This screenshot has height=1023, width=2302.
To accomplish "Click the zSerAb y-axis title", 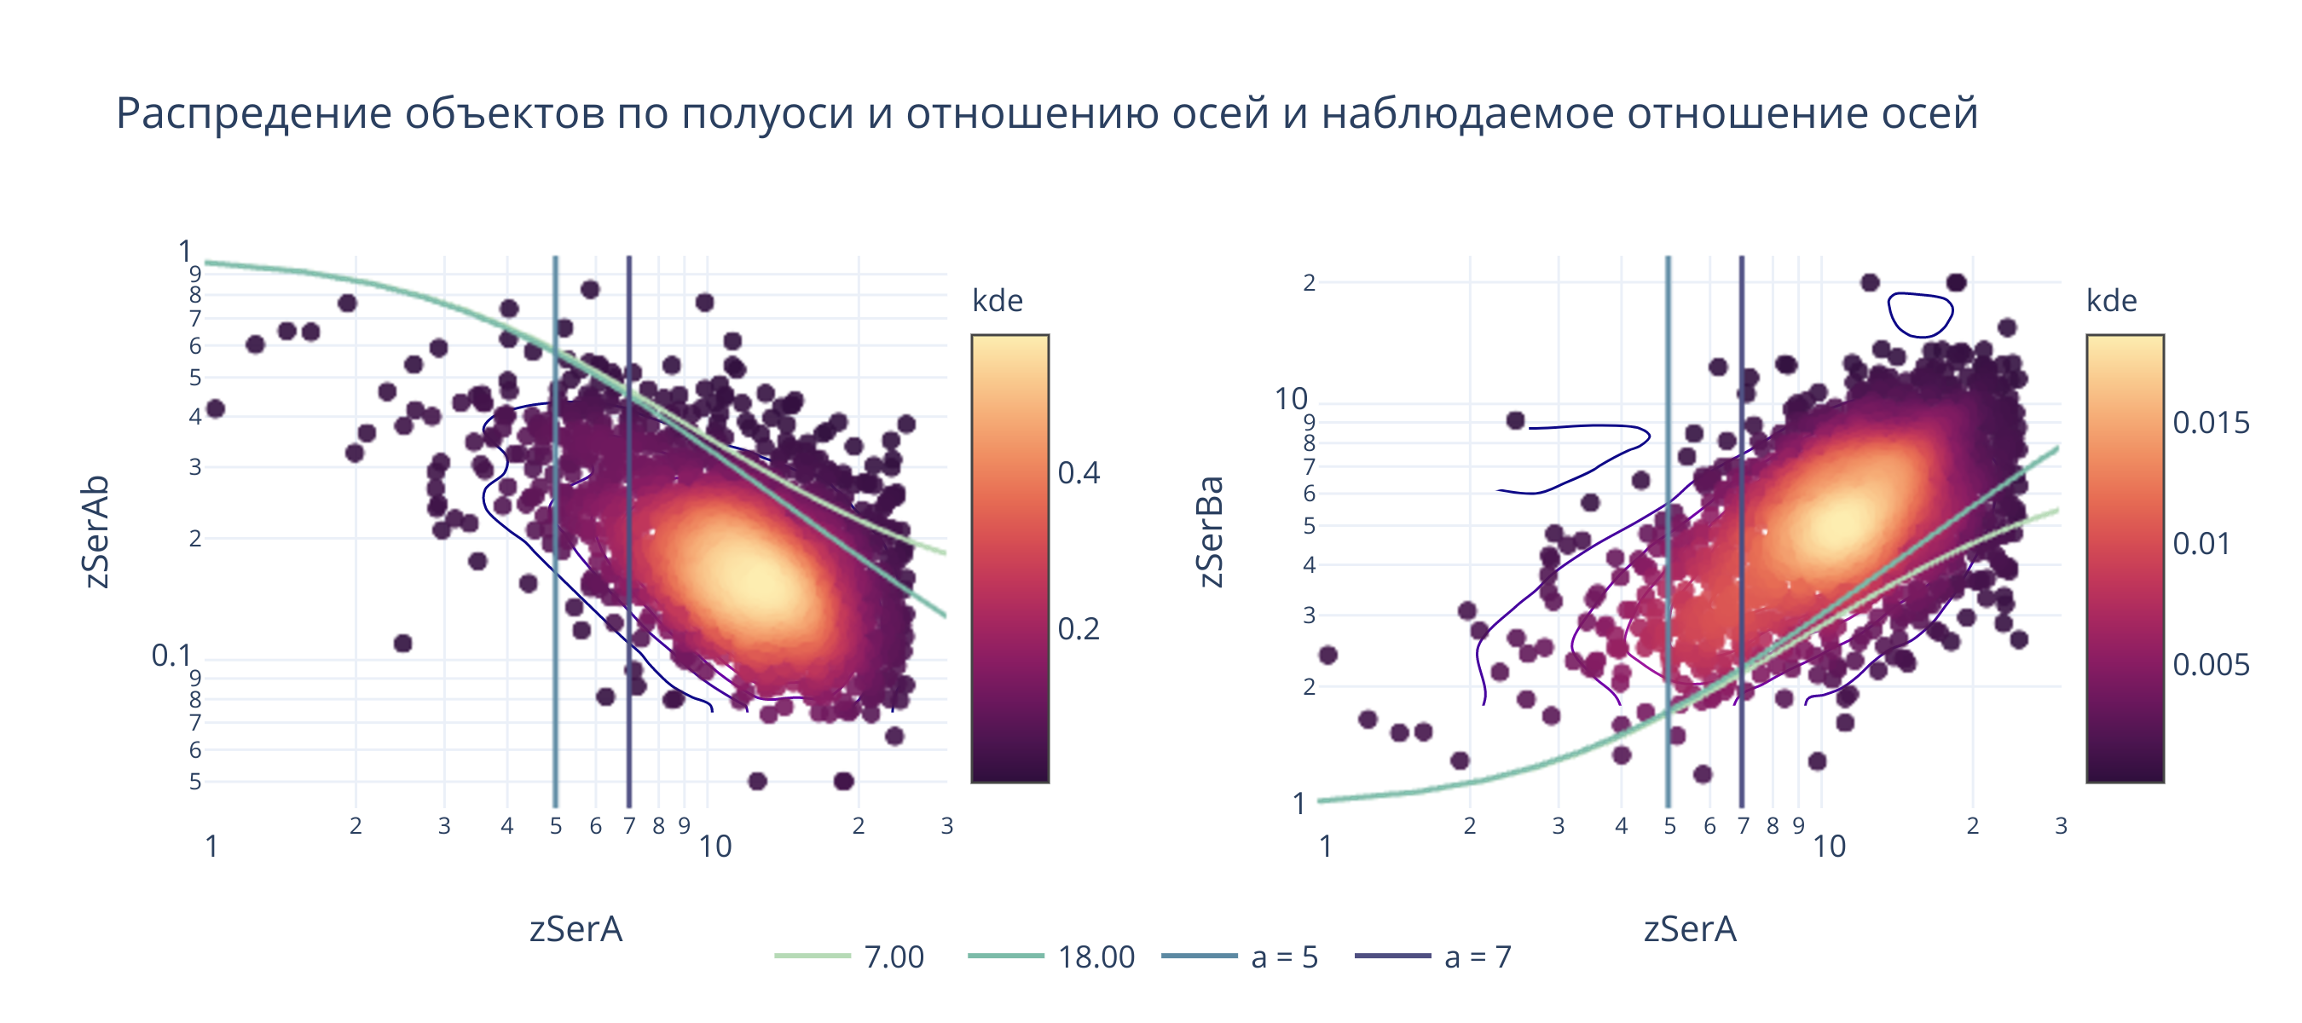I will click(x=96, y=532).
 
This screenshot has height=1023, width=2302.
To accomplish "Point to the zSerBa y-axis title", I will click(x=1210, y=532).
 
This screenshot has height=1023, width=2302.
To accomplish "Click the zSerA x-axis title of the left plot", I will click(x=575, y=929).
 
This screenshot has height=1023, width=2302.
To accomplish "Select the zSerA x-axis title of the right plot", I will click(x=1690, y=929).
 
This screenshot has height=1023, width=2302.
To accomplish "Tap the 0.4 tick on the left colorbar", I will click(x=1079, y=472).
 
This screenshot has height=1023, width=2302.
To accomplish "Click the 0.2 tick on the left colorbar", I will click(x=1079, y=629).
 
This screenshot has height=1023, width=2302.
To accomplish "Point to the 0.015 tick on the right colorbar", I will click(x=2211, y=423).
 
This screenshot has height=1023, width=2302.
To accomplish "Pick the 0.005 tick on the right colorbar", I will click(x=2211, y=665).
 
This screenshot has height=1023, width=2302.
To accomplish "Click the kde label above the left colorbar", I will click(x=998, y=301).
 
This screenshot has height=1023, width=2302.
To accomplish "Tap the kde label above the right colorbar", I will click(x=2112, y=301).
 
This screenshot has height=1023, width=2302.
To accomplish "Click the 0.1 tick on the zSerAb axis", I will click(x=171, y=656).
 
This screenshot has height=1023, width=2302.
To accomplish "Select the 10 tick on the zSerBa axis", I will click(x=1291, y=398).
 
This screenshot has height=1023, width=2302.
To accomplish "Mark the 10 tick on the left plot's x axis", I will click(x=715, y=846).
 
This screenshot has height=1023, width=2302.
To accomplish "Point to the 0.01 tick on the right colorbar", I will click(x=2201, y=544).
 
